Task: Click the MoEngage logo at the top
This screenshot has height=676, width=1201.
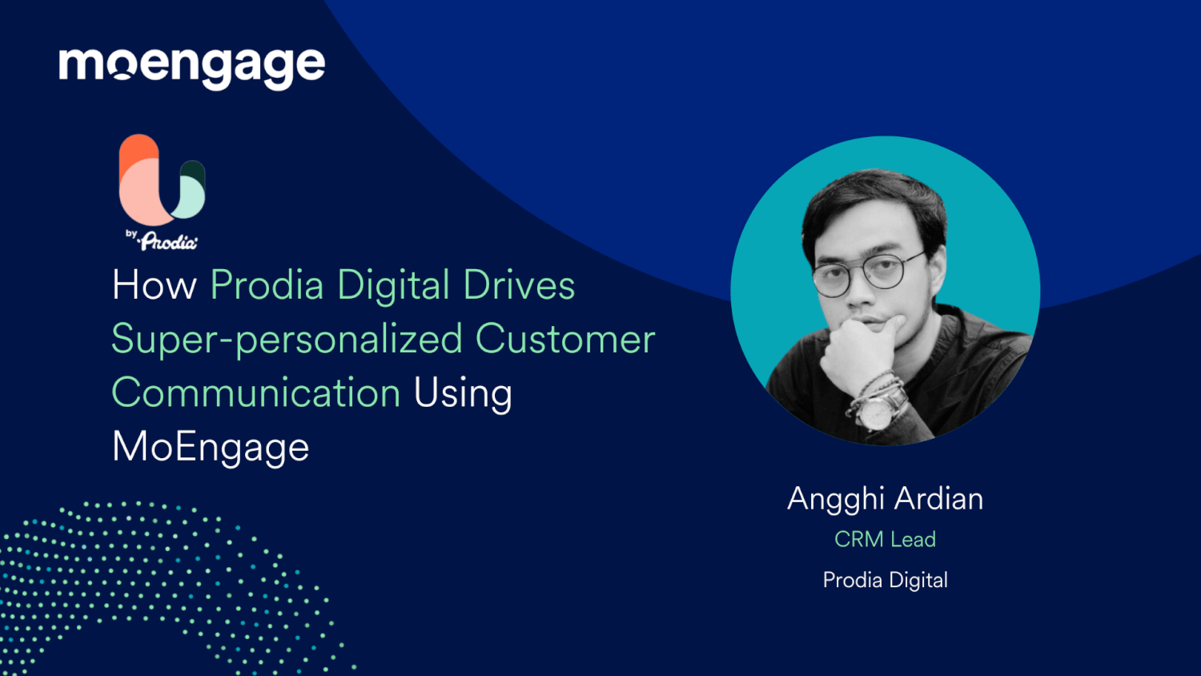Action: [191, 66]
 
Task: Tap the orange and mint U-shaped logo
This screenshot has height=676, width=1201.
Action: [162, 179]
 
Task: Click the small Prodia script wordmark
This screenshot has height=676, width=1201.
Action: [168, 241]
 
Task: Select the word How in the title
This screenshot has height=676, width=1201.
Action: [155, 285]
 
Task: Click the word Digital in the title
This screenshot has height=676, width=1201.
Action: [393, 285]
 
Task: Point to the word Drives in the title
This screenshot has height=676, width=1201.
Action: [519, 285]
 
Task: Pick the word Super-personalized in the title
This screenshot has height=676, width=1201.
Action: [287, 340]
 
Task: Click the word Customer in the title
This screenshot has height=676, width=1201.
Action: [565, 340]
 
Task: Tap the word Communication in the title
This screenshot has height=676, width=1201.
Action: [255, 393]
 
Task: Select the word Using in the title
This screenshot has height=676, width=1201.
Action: [463, 393]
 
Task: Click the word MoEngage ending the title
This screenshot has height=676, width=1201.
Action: [211, 447]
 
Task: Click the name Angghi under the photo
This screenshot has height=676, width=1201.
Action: [835, 499]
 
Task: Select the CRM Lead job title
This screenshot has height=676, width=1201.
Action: [885, 540]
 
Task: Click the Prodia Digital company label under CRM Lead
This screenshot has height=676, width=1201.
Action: [885, 580]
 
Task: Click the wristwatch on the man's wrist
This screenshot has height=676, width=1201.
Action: [879, 408]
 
